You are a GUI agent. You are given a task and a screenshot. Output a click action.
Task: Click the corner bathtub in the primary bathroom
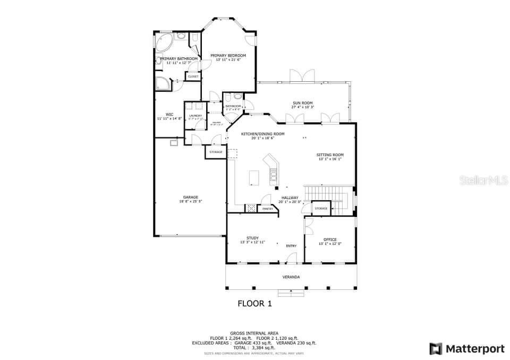click(x=164, y=41)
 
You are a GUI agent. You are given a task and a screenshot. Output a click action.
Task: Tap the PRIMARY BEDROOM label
click(x=228, y=55)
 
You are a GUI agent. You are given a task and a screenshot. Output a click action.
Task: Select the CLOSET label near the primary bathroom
click(x=193, y=76)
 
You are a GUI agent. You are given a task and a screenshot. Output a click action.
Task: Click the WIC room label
click(x=169, y=114)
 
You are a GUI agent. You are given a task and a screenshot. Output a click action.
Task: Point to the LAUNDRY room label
click(x=195, y=115)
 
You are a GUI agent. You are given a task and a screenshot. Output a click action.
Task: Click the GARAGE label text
click(x=190, y=197)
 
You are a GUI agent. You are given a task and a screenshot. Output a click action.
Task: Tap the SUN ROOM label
click(x=302, y=103)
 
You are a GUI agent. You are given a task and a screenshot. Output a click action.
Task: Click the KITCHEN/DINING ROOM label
click(x=262, y=134)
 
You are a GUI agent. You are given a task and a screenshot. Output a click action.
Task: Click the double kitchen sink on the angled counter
click(x=274, y=173)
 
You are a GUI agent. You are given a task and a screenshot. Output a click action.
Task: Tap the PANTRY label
click(x=268, y=209)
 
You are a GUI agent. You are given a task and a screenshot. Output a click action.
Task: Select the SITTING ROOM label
click(x=330, y=155)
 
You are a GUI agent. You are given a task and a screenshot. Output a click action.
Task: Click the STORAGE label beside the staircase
click(x=321, y=208)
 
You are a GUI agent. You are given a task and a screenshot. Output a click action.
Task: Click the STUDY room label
click(x=252, y=238)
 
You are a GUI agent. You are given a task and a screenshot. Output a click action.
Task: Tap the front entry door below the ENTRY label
click(x=291, y=259)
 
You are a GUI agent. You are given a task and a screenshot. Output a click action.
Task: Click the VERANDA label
click(x=291, y=277)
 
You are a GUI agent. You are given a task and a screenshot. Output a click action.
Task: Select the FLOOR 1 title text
click(x=254, y=304)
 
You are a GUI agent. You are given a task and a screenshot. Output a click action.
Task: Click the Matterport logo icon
click(x=436, y=349)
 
